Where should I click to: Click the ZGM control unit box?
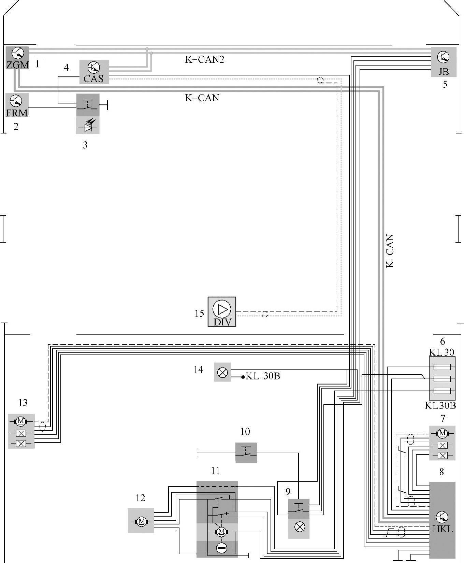[x=17, y=58]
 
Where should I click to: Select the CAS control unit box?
[x=94, y=72]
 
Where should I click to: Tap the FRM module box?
[x=17, y=105]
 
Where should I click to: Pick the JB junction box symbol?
[x=444, y=62]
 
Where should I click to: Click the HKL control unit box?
[x=442, y=520]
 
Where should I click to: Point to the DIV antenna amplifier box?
[x=222, y=312]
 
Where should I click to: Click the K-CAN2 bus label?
[x=205, y=59]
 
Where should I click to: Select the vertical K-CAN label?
[x=390, y=251]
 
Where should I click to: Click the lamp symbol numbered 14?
[x=222, y=372]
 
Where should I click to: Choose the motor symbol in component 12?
[x=141, y=521]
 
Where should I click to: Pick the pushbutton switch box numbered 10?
[x=246, y=453]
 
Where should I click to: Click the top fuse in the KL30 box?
[x=442, y=367]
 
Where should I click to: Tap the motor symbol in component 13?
[x=21, y=421]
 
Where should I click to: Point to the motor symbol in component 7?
[x=443, y=433]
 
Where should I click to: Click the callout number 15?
[x=199, y=313]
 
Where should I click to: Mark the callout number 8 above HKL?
[x=441, y=472]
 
